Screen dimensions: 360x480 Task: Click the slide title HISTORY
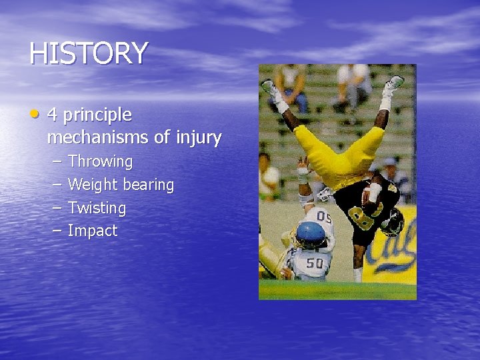(x=88, y=53)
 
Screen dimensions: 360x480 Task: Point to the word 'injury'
(x=199, y=139)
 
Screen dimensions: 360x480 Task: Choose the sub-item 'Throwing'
(x=100, y=162)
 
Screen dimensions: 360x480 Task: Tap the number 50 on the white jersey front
(x=315, y=263)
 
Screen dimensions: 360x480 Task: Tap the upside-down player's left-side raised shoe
(x=271, y=89)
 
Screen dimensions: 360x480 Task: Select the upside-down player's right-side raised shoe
(x=394, y=84)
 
